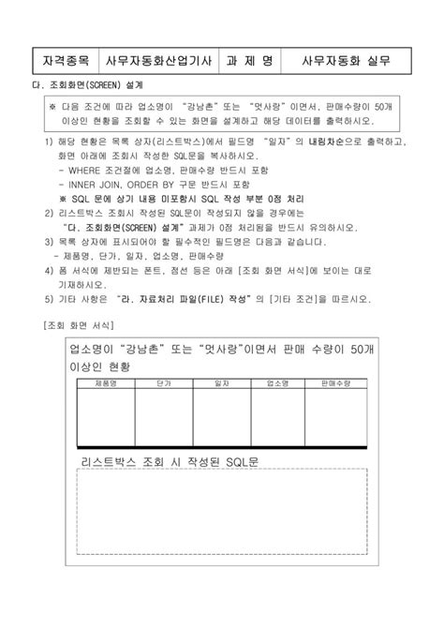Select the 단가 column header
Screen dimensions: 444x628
click(x=164, y=384)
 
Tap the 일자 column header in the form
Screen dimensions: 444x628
click(x=222, y=384)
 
